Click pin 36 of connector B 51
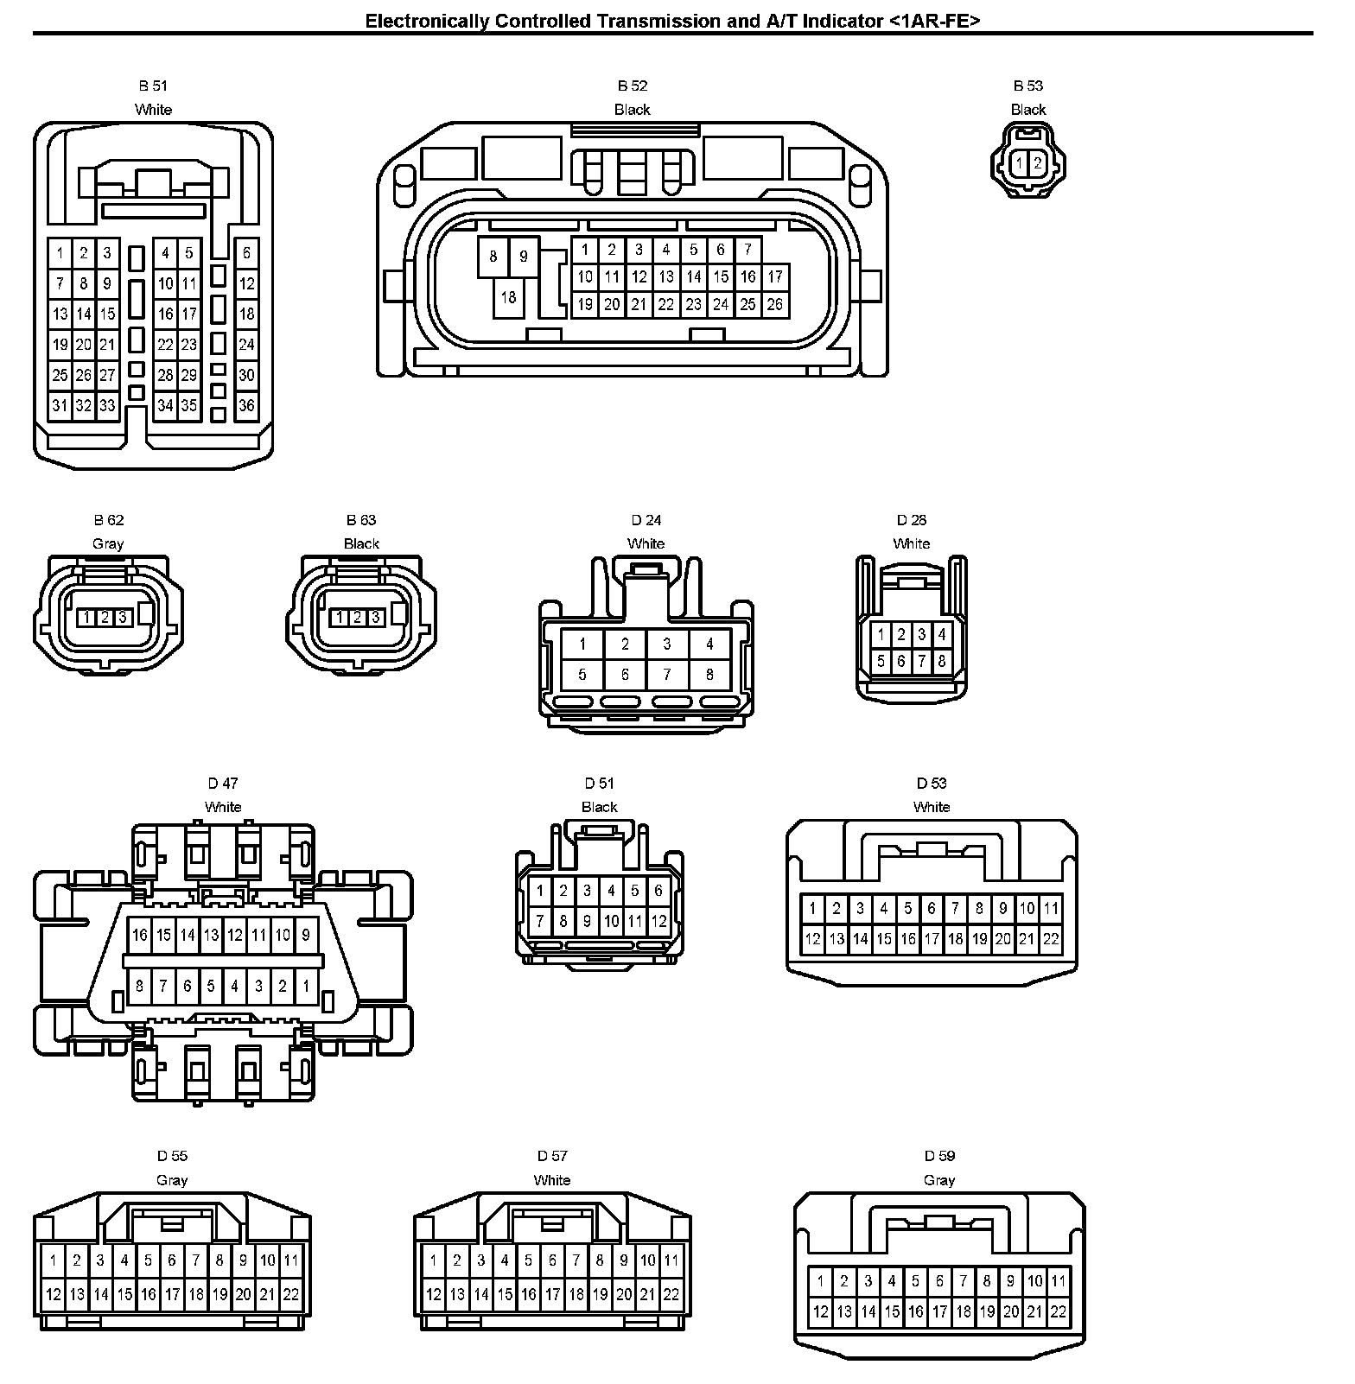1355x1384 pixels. [x=246, y=405]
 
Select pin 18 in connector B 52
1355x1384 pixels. [x=508, y=297]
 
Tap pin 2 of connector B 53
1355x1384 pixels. [x=1038, y=162]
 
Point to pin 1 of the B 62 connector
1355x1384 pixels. [x=86, y=617]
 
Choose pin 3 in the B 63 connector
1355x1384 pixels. [x=375, y=617]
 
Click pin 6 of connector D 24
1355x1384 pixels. [x=625, y=674]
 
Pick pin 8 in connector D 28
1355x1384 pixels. [x=942, y=661]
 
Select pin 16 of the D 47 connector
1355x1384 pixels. [x=140, y=935]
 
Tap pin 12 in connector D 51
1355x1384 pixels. [x=658, y=921]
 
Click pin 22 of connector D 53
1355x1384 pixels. [x=1051, y=939]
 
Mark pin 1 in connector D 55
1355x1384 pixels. [x=53, y=1260]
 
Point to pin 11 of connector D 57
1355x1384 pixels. [x=671, y=1260]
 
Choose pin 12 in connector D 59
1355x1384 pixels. [x=820, y=1311]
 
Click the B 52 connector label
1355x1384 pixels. [x=632, y=86]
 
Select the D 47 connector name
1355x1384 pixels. [x=222, y=784]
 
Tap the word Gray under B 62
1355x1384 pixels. [x=108, y=543]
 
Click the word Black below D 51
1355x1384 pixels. [x=599, y=807]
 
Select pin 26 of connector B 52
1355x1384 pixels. [x=774, y=304]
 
